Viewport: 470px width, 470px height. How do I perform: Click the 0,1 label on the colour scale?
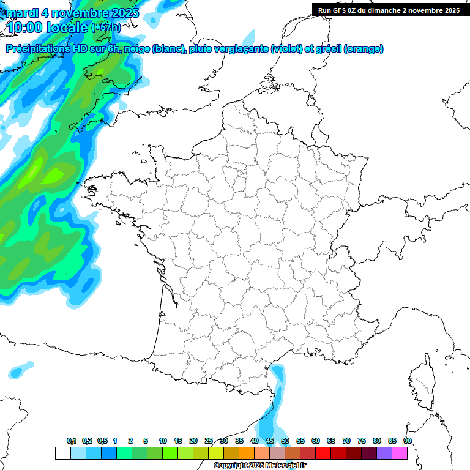(x=72, y=441)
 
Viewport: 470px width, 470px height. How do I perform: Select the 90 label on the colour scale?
(x=408, y=441)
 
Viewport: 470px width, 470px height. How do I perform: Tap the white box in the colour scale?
(x=62, y=453)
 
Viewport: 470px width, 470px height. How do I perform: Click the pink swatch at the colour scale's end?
(x=400, y=453)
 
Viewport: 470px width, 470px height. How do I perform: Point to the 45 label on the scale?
(x=270, y=441)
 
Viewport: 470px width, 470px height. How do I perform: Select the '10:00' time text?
(x=24, y=28)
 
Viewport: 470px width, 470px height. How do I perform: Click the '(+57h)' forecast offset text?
(x=106, y=28)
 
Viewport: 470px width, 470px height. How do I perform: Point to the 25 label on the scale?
(x=209, y=441)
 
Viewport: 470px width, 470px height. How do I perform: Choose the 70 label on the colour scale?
(x=346, y=441)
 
